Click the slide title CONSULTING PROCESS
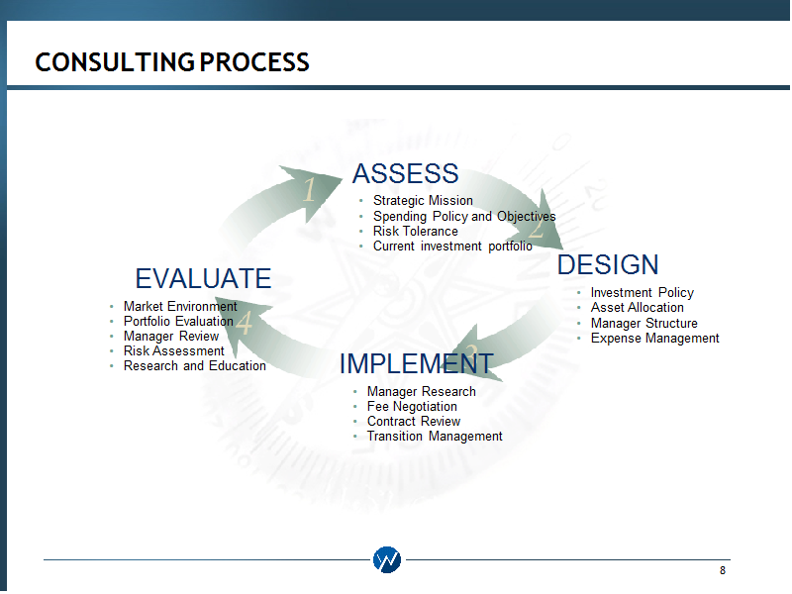171,62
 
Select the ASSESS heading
405,174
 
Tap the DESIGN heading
608,264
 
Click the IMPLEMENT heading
416,363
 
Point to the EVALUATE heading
203,278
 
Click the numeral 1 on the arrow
310,190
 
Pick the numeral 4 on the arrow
245,323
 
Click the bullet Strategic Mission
423,201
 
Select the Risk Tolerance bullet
415,231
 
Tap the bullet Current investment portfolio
452,246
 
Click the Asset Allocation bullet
637,307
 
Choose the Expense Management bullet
654,338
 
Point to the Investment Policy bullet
642,292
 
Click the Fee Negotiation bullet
412,406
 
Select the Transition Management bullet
435,436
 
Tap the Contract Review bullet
414,422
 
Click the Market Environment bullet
180,306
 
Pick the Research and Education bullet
194,365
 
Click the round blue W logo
387,559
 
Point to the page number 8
723,570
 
